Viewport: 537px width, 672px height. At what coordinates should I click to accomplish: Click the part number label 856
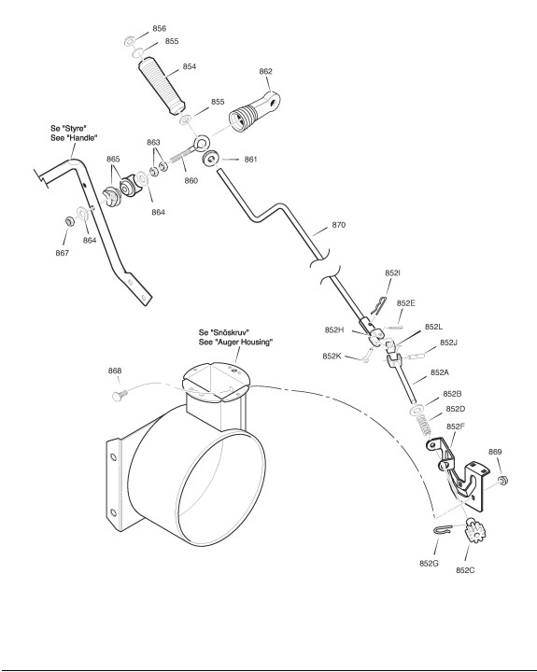coord(159,28)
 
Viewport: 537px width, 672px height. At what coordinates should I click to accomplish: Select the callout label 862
coord(265,71)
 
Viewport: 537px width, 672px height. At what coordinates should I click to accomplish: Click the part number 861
coord(250,160)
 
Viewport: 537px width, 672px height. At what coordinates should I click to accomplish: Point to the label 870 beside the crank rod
coord(338,225)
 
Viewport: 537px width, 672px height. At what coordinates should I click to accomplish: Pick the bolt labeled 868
coord(120,395)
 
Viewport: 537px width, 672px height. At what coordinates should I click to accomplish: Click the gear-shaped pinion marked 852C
coord(474,530)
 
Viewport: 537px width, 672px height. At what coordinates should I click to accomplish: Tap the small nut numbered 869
coord(503,480)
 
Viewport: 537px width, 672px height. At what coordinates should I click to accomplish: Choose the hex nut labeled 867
coord(69,221)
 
